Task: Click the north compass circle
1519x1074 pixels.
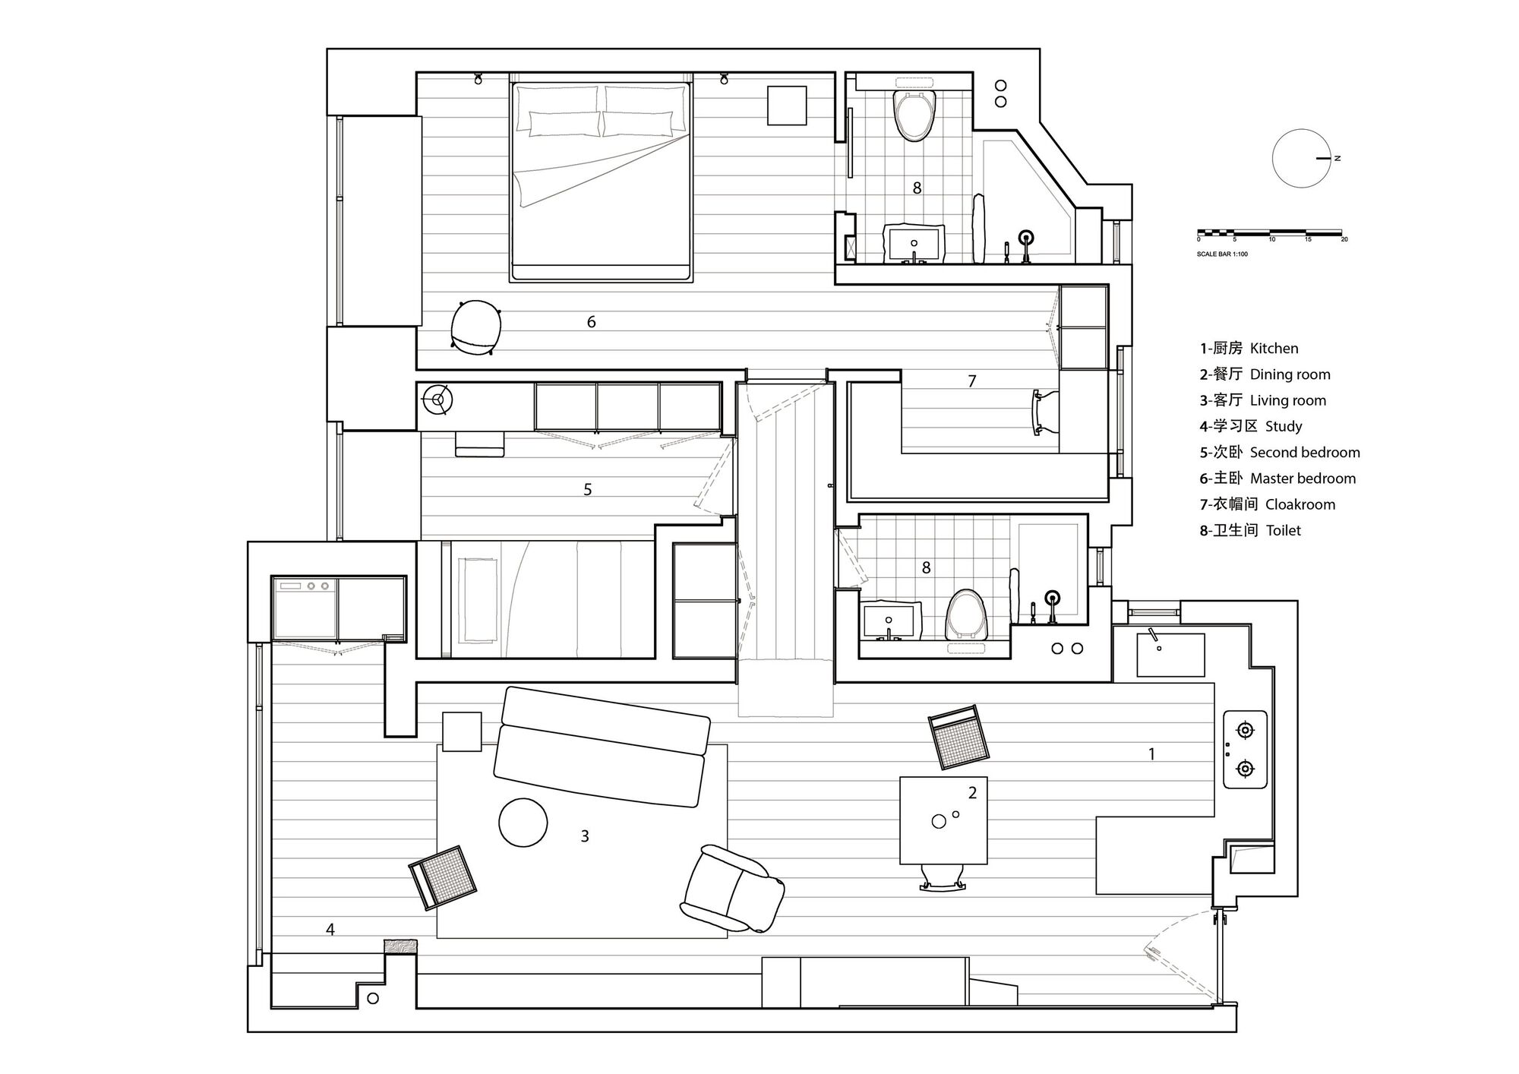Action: click(1302, 159)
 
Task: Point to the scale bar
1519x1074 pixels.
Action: click(1270, 232)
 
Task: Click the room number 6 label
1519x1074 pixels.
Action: click(591, 322)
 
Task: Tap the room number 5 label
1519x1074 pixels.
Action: click(587, 490)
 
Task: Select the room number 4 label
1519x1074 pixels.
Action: click(330, 930)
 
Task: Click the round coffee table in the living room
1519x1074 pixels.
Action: click(523, 822)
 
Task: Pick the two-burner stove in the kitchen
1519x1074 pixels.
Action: click(1245, 750)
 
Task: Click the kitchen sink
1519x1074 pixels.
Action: click(1170, 655)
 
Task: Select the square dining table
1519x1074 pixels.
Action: click(943, 820)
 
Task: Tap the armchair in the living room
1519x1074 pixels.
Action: click(731, 889)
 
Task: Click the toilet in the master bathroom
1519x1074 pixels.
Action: click(914, 115)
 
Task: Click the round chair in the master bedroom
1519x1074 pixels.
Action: click(475, 327)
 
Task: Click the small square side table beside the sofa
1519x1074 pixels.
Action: click(462, 731)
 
